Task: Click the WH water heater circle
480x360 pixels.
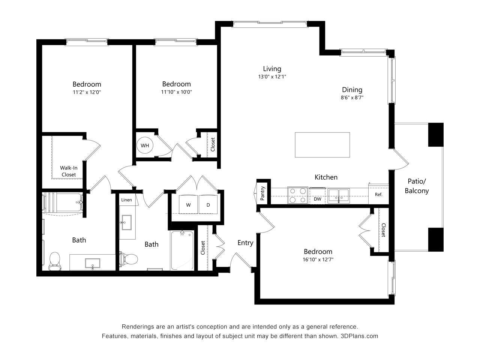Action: [145, 145]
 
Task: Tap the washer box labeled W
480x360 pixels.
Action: [188, 205]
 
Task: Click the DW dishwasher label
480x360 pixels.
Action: [318, 199]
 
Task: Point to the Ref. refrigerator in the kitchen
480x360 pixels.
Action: [378, 195]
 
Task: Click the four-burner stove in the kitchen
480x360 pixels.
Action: [298, 195]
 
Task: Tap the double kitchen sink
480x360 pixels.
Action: [339, 195]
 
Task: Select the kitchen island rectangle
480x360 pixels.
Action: [322, 145]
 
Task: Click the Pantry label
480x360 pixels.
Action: [263, 193]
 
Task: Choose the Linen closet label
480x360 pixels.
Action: [127, 200]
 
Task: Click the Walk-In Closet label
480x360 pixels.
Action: [69, 171]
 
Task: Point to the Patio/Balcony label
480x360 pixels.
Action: [417, 186]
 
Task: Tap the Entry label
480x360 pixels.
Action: [245, 243]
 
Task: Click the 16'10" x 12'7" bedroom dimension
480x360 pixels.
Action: [318, 259]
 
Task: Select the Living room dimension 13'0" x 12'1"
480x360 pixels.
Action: [272, 76]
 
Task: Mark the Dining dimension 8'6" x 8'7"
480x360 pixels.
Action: [352, 97]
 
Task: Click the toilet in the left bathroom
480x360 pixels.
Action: [55, 260]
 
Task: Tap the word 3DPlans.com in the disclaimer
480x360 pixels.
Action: [359, 336]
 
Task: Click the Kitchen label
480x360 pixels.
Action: [326, 177]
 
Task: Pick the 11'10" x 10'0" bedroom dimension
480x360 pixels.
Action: [176, 92]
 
